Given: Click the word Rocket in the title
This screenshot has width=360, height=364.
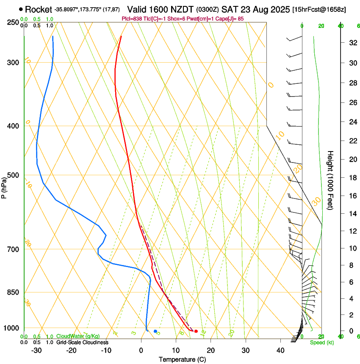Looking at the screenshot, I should [39, 9].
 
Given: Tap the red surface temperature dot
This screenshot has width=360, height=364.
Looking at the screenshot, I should [196, 331].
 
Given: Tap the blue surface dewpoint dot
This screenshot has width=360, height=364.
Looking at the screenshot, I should [155, 331].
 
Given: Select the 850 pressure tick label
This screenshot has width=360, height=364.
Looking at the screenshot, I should [14, 292].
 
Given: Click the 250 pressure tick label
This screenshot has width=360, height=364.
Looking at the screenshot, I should [14, 22].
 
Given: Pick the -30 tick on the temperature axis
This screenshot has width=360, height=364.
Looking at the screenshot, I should [36, 350].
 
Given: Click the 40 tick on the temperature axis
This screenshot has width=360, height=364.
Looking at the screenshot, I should [280, 350].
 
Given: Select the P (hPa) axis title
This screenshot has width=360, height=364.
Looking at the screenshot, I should [4, 185].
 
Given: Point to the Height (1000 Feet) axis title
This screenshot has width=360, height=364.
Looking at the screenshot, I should [331, 180].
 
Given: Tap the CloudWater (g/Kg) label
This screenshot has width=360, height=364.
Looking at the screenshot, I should [78, 336].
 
